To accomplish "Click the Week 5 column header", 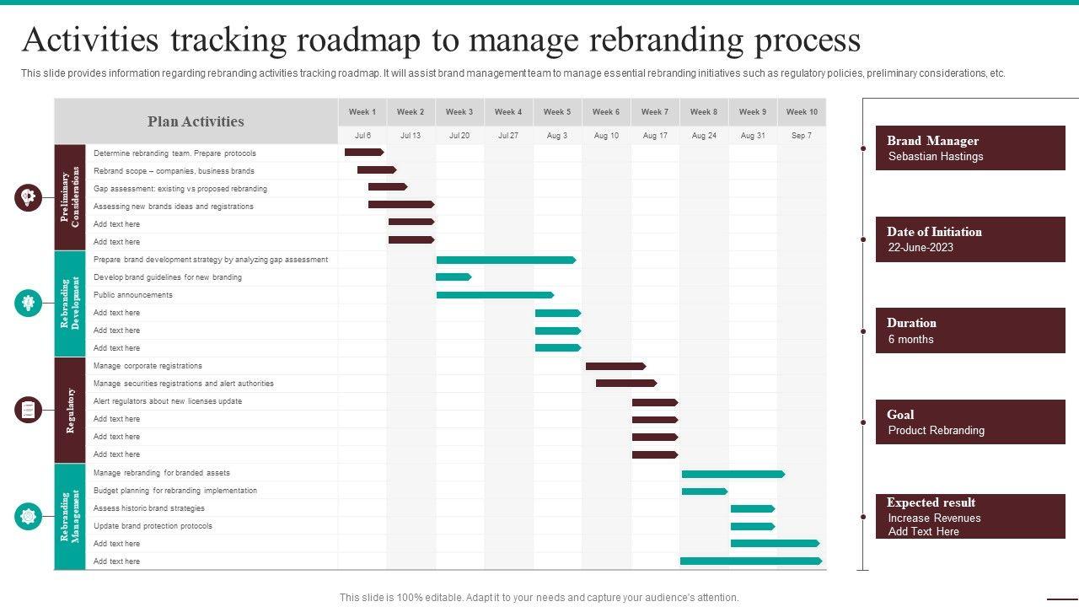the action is coord(556,112).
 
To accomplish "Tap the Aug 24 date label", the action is coord(703,136).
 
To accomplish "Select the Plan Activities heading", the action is coord(196,121).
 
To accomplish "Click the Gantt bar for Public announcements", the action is coord(495,295).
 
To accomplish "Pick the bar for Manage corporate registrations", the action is coord(615,366).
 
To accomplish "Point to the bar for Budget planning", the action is coord(704,491).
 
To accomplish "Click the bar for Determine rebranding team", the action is coord(364,153).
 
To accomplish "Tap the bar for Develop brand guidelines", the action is coord(454,277).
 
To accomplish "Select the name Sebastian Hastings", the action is coord(936,157).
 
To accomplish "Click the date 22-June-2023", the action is coord(921,248).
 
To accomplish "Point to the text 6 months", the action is coord(910,340).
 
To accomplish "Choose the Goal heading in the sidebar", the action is coord(900,414).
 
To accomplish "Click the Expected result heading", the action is coord(931,502).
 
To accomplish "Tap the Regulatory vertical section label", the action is coord(71,411).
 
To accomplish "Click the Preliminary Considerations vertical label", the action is coord(71,198).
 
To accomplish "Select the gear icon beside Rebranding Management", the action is coord(28,516).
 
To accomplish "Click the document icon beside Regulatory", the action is coord(28,410).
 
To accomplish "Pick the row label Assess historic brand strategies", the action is coord(149,508).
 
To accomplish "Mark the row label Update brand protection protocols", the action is coord(153,526).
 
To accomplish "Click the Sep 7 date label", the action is coord(801,136).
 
